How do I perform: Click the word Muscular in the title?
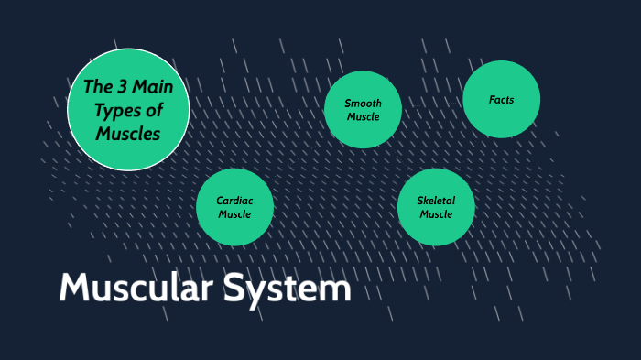135,289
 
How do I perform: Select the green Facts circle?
501,99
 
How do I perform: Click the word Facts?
501,99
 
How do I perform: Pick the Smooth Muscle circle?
364,109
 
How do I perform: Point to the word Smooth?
364,104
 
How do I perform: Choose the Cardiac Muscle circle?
235,207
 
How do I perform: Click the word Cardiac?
234,201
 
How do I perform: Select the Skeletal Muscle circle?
436,207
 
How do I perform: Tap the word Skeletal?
436,201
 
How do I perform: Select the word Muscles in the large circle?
128,134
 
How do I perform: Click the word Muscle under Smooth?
364,117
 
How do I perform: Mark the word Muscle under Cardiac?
234,214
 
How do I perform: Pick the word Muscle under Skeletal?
436,214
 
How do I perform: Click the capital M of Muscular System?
75,289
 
